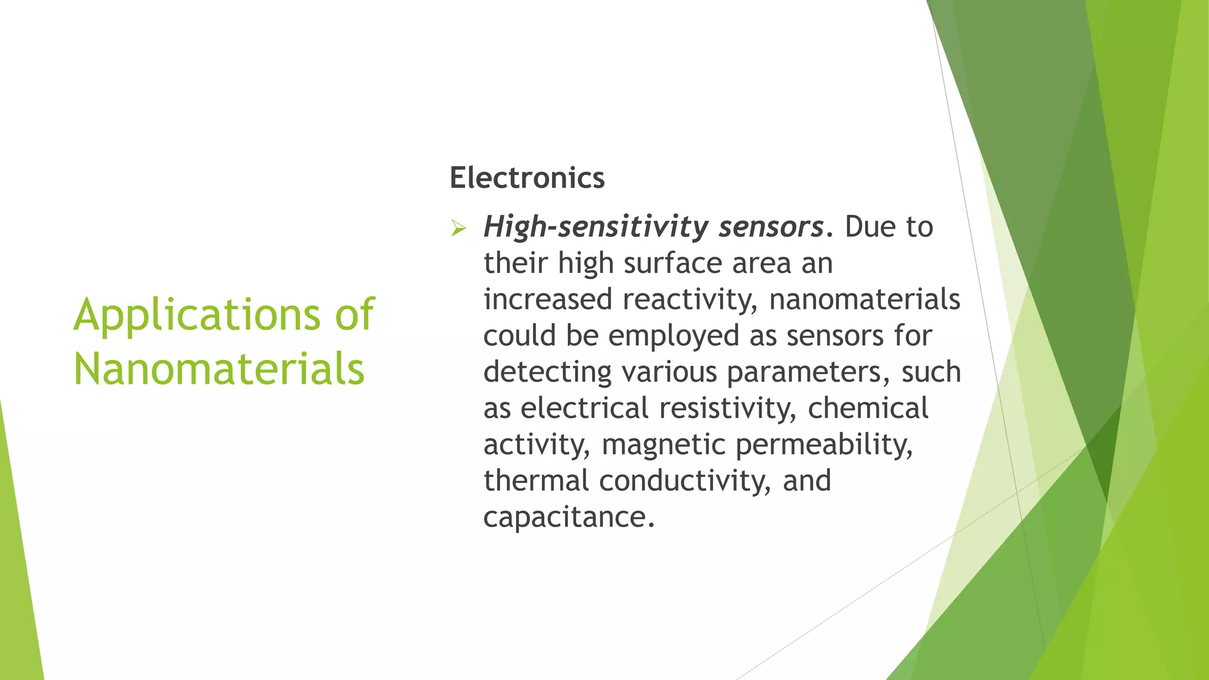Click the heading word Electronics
click(x=527, y=178)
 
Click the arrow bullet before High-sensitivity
click(x=458, y=228)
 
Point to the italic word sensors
click(x=771, y=227)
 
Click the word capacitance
click(x=568, y=517)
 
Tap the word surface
click(x=673, y=263)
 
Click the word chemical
click(x=868, y=408)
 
